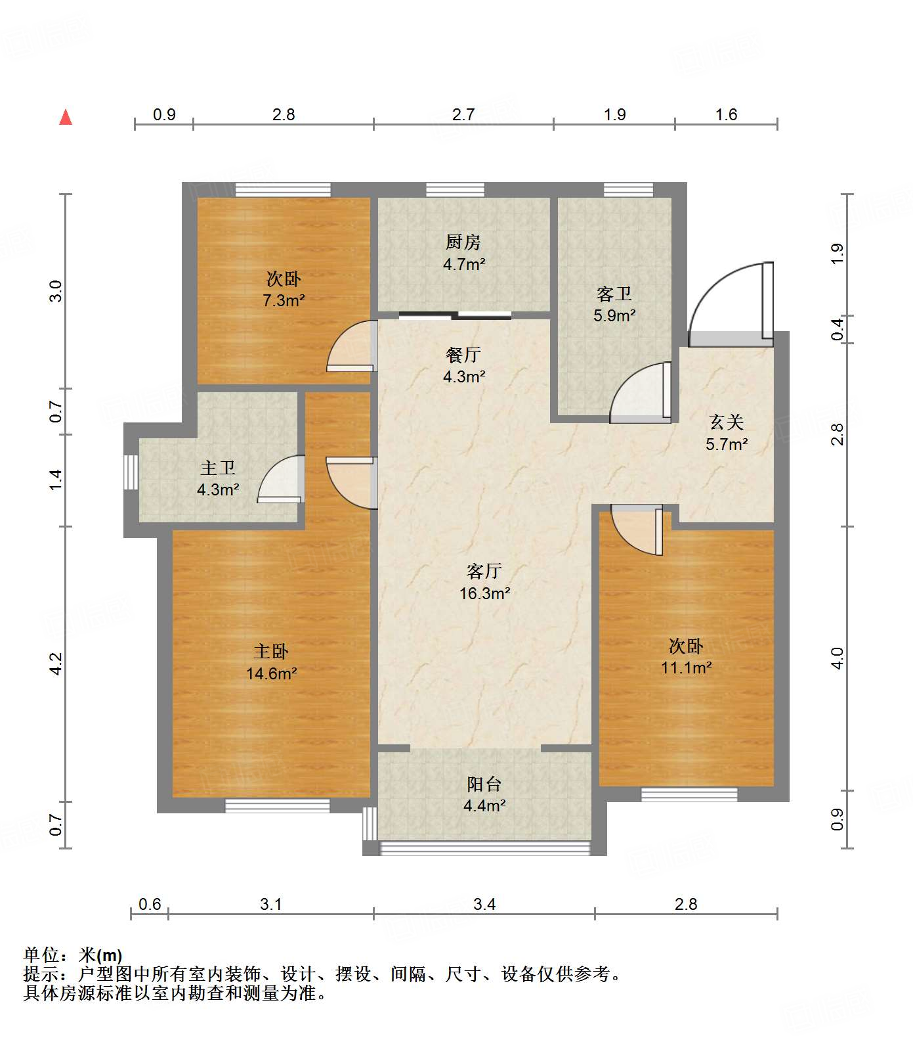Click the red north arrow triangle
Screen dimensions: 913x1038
(x=66, y=117)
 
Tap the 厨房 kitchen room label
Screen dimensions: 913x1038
(x=463, y=242)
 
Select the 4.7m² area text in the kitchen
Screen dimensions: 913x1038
(x=464, y=265)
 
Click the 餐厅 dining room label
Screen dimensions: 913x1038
(x=463, y=355)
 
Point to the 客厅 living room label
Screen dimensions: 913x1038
(x=484, y=571)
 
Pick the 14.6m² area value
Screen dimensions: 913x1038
(x=272, y=673)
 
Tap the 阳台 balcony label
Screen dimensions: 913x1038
(x=484, y=784)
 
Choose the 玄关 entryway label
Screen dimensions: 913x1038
(x=727, y=422)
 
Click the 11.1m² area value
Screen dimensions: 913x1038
(x=687, y=668)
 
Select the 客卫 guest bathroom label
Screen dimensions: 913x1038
(x=614, y=294)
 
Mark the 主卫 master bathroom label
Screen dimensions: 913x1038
(x=218, y=468)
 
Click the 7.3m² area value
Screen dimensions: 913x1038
(x=284, y=301)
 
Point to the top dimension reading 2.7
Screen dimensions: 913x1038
(x=463, y=114)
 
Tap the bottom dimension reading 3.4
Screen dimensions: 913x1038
(x=484, y=904)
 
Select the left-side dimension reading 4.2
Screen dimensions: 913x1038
(x=56, y=664)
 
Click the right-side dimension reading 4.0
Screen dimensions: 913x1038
(x=837, y=658)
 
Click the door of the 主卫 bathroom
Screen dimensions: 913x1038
(x=281, y=479)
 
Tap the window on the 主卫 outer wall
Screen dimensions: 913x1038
(x=131, y=472)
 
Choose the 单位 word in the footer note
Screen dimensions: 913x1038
(x=41, y=955)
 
